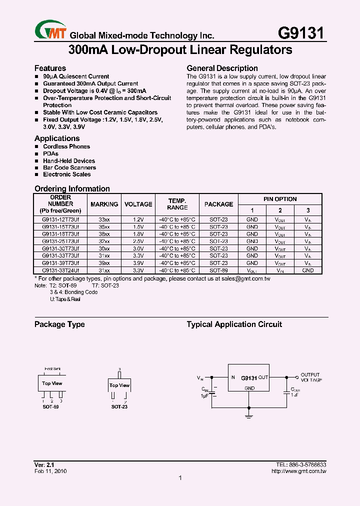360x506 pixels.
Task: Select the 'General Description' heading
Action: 222,68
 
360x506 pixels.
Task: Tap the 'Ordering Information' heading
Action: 72,189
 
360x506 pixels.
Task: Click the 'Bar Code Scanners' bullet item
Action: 69,167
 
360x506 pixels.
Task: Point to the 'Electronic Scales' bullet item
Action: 66,174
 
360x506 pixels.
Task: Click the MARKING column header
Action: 104,204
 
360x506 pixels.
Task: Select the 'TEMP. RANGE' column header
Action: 177,204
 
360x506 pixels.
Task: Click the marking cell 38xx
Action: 104,234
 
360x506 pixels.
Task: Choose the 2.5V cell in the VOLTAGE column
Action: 138,241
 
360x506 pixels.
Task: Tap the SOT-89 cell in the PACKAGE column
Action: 218,270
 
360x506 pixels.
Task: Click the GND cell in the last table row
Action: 308,270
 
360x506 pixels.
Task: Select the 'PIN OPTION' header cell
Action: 280,199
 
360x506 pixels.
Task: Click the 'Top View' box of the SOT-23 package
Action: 119,385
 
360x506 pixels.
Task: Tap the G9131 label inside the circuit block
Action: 249,378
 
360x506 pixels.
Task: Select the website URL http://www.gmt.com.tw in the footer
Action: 298,471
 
